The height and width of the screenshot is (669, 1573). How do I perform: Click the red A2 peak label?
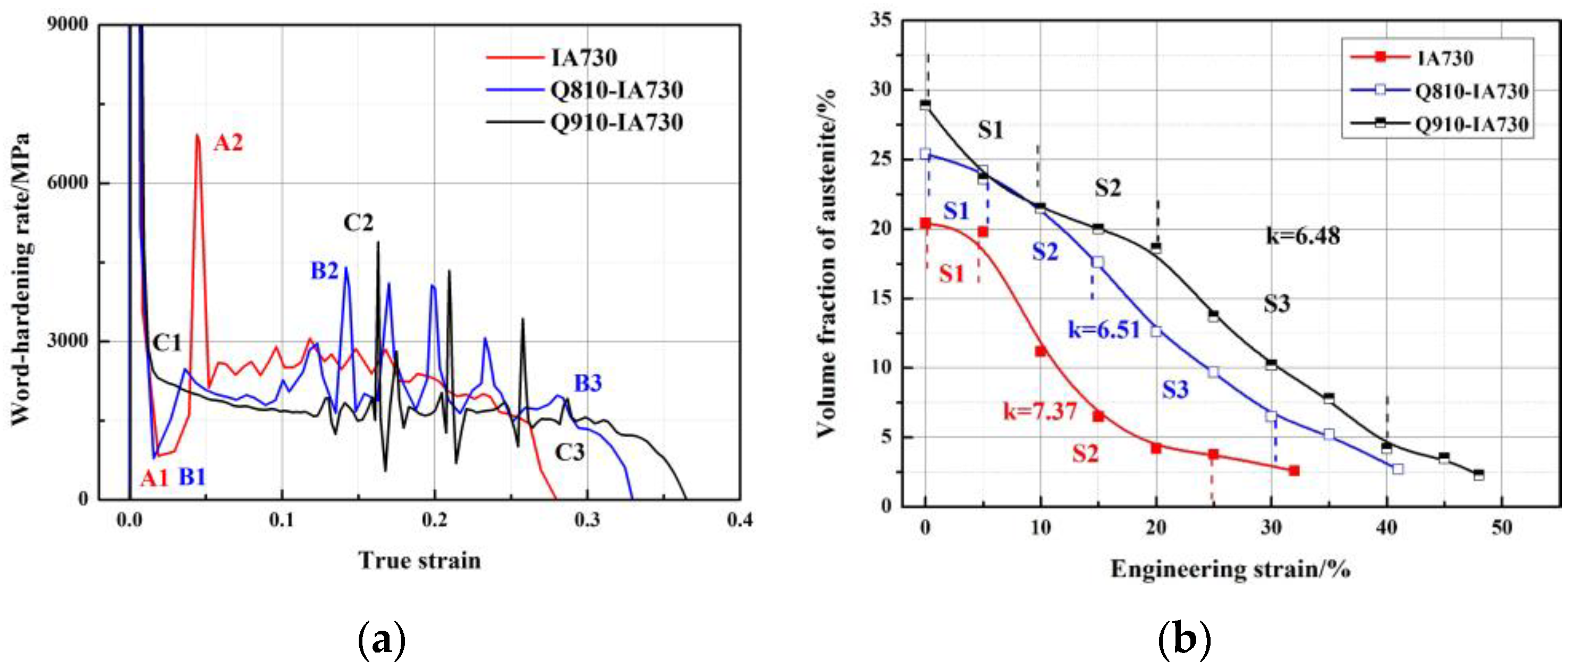click(228, 143)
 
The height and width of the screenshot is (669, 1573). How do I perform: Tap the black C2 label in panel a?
click(358, 223)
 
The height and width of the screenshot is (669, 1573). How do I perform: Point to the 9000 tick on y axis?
click(67, 24)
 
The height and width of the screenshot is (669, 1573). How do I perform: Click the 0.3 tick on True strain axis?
click(587, 521)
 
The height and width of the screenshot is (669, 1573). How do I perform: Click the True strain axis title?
click(419, 561)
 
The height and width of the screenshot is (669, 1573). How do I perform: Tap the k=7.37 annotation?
click(1040, 411)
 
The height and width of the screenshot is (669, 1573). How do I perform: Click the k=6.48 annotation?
click(1303, 235)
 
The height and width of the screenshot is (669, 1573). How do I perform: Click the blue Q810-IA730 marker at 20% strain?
click(1156, 331)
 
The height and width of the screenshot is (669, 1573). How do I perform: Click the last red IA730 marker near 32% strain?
click(1294, 471)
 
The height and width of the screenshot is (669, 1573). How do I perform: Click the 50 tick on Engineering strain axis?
click(1502, 527)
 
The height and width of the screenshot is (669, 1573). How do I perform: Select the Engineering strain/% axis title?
click(1230, 570)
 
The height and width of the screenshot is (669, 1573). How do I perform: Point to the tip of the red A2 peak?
click(197, 135)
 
